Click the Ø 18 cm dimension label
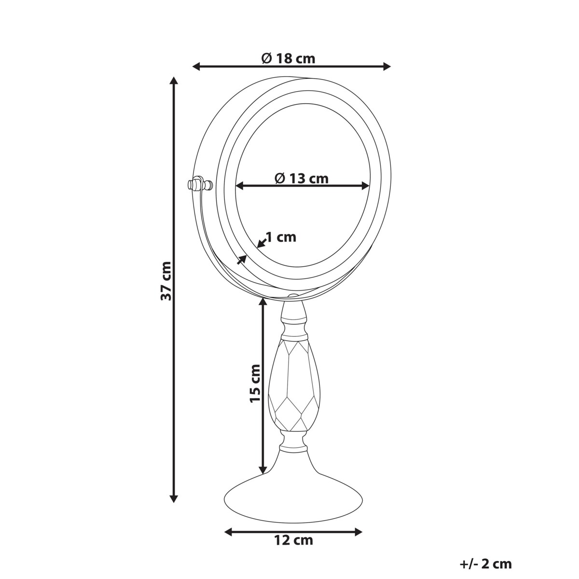click(x=288, y=59)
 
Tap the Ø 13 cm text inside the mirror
click(x=302, y=179)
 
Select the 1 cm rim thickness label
click(x=281, y=237)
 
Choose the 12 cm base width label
click(x=292, y=540)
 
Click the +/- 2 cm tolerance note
click(x=486, y=564)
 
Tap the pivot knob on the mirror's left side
click(x=197, y=184)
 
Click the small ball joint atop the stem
click(x=293, y=297)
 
